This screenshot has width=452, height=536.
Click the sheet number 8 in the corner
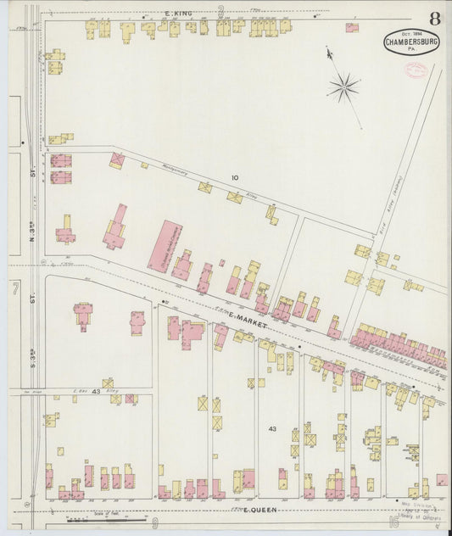click(x=434, y=18)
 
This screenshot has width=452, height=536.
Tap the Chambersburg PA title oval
click(x=411, y=43)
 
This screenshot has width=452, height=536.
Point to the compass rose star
click(x=343, y=85)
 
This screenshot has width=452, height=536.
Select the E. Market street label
click(x=247, y=319)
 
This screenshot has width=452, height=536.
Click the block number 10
click(x=235, y=177)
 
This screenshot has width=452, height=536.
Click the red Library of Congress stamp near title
click(x=416, y=71)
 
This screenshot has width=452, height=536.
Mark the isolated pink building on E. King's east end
click(x=351, y=27)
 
